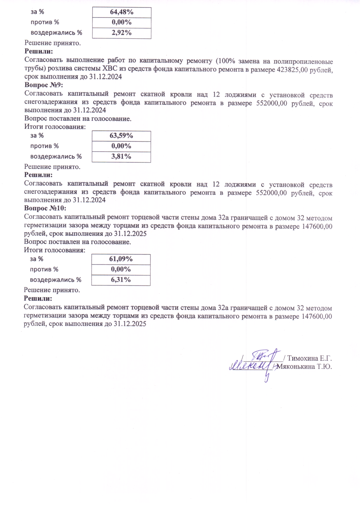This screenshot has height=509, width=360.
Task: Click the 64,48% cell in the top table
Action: click(x=121, y=12)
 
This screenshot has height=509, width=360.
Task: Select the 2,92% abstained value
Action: click(x=121, y=33)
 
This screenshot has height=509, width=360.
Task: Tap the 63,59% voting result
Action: click(x=121, y=136)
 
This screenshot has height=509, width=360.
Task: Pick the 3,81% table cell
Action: click(x=121, y=156)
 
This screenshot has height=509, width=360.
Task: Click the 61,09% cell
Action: click(x=121, y=259)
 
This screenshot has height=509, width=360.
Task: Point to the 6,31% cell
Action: click(x=121, y=280)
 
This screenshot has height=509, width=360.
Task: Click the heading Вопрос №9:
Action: click(x=44, y=85)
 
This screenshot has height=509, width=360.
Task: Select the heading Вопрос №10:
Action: click(x=45, y=208)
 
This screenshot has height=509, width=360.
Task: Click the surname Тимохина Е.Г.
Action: click(x=309, y=358)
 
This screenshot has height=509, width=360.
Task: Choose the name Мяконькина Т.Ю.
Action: click(x=304, y=367)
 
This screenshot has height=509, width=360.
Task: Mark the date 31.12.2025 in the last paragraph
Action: click(x=130, y=324)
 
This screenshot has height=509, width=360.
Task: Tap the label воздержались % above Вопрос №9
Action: click(x=56, y=33)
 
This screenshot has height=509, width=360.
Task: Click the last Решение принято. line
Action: click(x=52, y=290)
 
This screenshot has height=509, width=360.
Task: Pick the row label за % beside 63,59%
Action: click(x=37, y=136)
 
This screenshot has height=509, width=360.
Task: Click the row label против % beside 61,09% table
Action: click(x=44, y=269)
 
